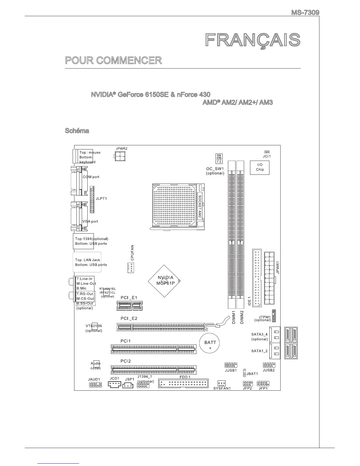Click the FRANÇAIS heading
(x=253, y=41)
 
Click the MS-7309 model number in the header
(x=305, y=13)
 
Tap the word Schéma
(x=77, y=130)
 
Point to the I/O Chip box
(x=260, y=167)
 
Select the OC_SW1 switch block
(x=219, y=159)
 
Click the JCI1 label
(x=267, y=157)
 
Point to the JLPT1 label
(x=101, y=199)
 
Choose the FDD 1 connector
(x=184, y=383)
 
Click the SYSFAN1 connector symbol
(x=221, y=383)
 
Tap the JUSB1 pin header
(x=231, y=365)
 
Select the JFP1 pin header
(x=263, y=383)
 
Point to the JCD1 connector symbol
(x=114, y=384)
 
